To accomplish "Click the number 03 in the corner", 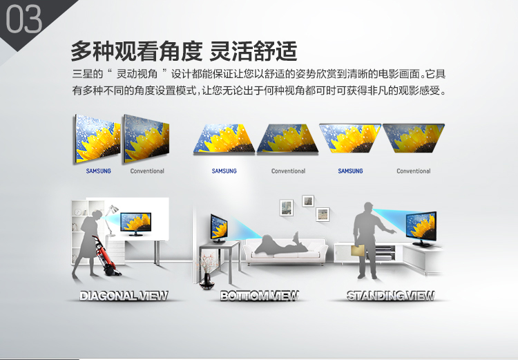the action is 23,19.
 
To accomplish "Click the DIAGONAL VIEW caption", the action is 124,296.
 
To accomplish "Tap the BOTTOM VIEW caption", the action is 259,296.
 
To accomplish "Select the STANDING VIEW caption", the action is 390,296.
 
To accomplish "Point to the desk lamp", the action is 111,219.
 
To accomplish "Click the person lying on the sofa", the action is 282,244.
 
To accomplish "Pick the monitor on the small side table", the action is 219,228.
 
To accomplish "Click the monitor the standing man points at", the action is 421,229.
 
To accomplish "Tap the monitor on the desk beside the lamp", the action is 136,224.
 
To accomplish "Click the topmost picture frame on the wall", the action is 308,200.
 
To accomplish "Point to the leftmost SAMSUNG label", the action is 99,171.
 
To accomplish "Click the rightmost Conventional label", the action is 414,171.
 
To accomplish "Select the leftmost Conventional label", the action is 147,171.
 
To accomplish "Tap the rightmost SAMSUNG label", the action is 350,171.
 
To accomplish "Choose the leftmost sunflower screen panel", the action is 98,138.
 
